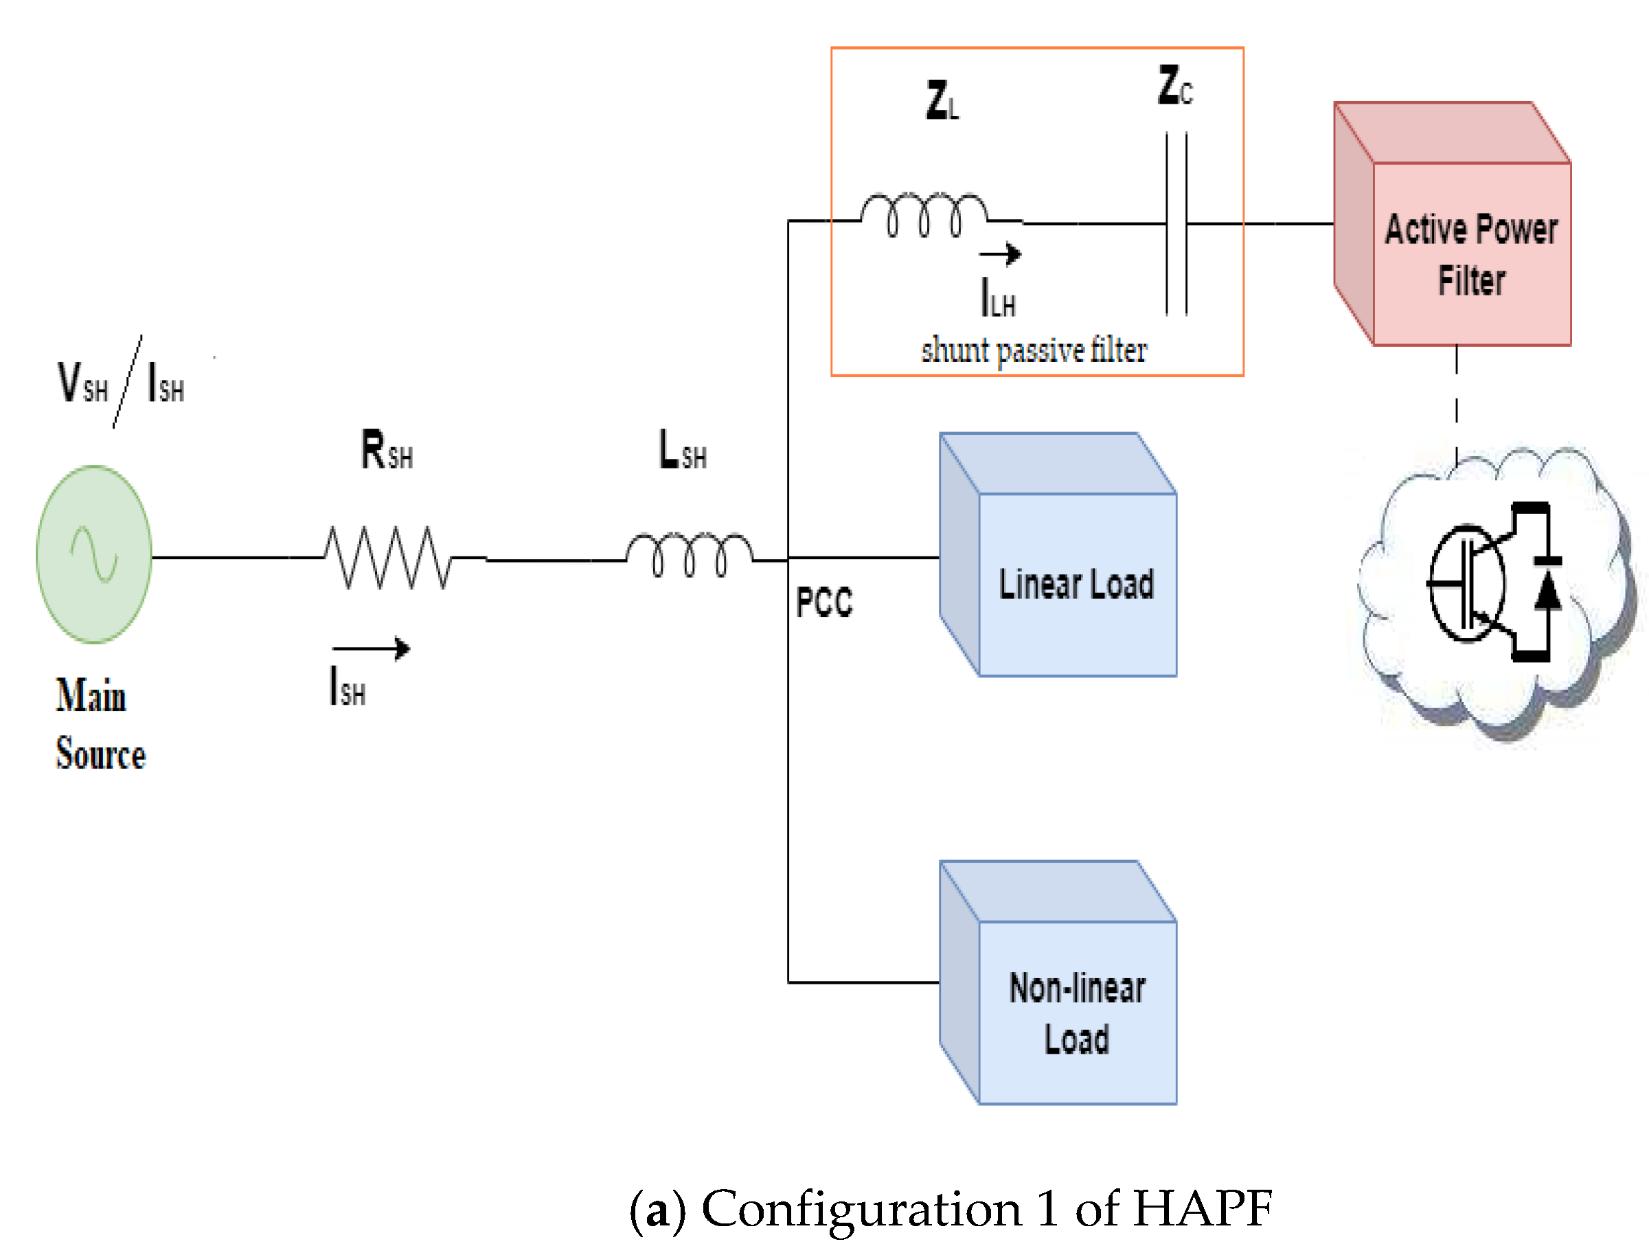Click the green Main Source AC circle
coord(94,554)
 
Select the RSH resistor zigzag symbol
coord(387,557)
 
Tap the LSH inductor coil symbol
coord(689,556)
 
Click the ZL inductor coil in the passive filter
coord(923,214)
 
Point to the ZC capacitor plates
coord(1176,223)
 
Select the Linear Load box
coord(1076,584)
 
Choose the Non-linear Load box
coord(1076,1013)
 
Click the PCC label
coord(823,602)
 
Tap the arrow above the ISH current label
coord(371,648)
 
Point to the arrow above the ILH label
coord(1000,254)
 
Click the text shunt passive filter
coord(1033,350)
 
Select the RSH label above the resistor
coord(386,450)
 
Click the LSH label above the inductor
coord(682,450)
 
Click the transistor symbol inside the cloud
coord(1465,583)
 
